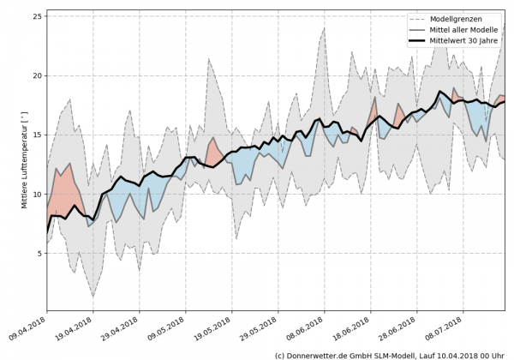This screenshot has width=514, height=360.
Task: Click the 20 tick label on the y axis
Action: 37,75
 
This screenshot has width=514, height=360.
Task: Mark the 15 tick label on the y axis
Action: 37,135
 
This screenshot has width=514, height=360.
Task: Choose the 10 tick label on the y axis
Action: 37,194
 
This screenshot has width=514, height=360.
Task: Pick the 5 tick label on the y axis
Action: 39,254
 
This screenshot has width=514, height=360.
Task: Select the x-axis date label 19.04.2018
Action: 75,328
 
